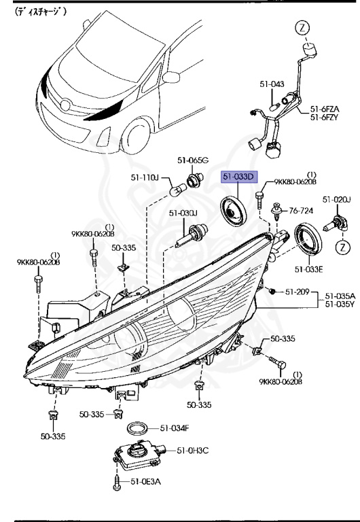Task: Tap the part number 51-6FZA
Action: point(326,109)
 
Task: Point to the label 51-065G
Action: point(193,160)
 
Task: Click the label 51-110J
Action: point(145,178)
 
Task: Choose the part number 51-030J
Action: point(183,213)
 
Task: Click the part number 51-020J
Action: point(337,200)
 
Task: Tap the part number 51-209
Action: point(298,292)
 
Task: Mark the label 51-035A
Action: point(340,296)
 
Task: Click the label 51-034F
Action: point(175,428)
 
